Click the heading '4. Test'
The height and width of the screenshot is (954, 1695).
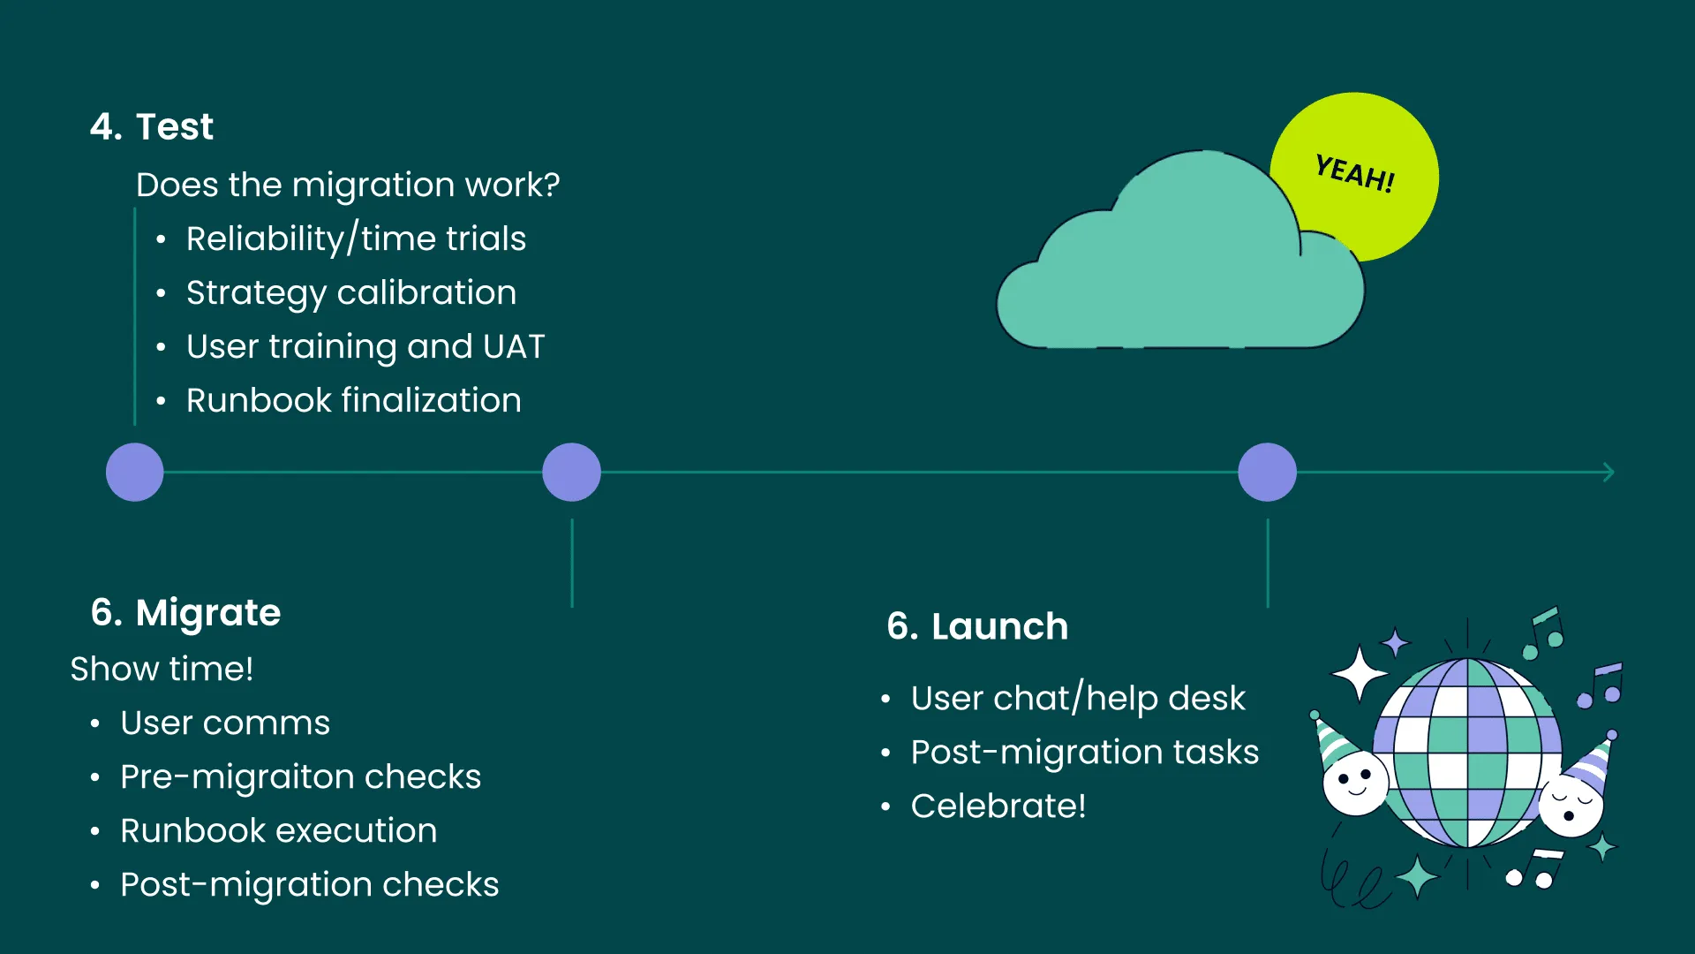coord(152,127)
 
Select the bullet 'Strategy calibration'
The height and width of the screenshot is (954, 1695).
coord(350,293)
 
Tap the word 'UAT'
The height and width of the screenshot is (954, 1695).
coord(514,347)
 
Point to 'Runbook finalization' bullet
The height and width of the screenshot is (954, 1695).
coord(353,401)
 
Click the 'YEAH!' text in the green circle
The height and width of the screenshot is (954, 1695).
coord(1354,173)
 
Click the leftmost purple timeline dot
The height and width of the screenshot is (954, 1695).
coord(134,473)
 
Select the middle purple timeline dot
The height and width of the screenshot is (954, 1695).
coord(571,473)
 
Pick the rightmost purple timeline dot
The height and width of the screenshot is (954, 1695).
coord(1267,473)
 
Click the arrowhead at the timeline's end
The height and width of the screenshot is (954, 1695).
coord(1608,473)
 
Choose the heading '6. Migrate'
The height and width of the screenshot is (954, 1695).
coord(185,613)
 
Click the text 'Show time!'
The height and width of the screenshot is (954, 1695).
coord(162,670)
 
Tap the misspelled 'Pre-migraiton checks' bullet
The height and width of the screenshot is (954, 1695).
coord(300,777)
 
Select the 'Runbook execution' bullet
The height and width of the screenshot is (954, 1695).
coord(278,831)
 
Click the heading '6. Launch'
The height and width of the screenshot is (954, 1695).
coord(977,627)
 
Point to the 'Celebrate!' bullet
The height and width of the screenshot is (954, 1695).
coord(998,806)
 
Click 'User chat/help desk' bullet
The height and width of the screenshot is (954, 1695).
coord(1077,699)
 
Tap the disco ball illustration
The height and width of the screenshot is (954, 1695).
coord(1467,751)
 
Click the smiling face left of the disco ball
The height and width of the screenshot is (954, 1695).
coord(1354,783)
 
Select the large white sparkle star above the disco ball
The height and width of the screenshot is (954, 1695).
coord(1360,674)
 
